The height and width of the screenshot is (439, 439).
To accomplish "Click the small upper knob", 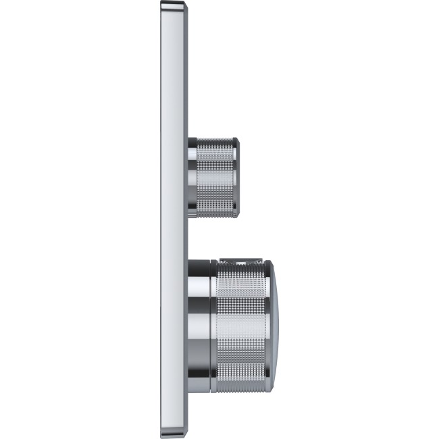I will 213,178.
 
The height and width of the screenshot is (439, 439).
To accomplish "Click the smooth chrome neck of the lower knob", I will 200,326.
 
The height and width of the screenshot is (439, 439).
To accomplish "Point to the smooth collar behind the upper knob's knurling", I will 192,178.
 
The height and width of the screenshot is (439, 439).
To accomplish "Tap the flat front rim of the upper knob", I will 237,178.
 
